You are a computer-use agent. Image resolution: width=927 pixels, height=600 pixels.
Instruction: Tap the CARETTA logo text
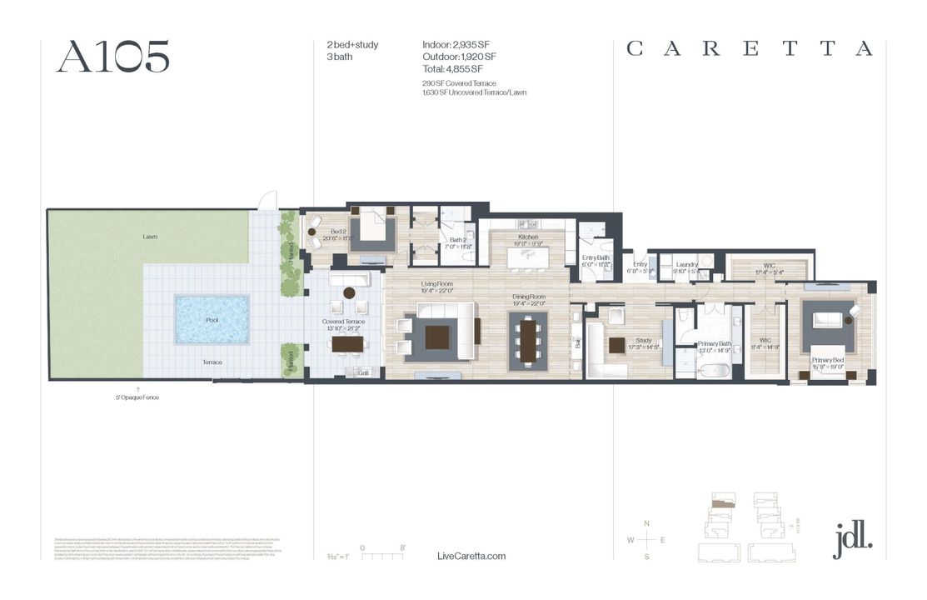(x=750, y=49)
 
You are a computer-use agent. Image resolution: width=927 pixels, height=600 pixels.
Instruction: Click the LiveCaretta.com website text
(x=471, y=557)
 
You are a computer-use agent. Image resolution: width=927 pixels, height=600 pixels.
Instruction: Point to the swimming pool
(x=212, y=320)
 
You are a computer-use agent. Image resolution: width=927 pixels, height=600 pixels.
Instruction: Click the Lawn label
(x=150, y=237)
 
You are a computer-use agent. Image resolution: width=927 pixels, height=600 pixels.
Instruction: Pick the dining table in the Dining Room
(x=528, y=338)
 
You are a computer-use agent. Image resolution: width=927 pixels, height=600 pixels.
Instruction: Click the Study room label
(x=642, y=340)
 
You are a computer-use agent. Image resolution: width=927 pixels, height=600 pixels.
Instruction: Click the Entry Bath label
(x=596, y=258)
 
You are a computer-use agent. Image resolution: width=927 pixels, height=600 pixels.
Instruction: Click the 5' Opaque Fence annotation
(x=137, y=397)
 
